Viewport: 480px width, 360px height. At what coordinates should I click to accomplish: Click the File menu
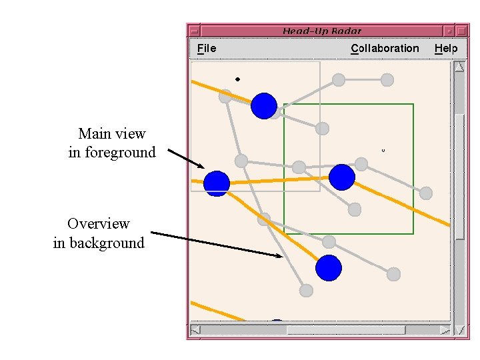point(207,48)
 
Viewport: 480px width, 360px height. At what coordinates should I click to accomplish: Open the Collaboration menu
point(385,48)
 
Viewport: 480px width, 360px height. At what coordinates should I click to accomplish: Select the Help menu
point(446,48)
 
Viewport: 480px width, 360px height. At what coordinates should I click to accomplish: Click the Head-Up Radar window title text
point(322,31)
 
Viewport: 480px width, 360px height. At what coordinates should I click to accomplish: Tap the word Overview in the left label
point(99,223)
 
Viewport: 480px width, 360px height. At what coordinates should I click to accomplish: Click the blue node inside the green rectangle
point(342,177)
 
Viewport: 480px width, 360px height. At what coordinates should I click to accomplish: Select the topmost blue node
point(264,105)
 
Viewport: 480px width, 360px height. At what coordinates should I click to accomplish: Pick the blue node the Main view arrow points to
point(217,183)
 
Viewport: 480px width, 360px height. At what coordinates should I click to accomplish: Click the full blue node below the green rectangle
point(328,268)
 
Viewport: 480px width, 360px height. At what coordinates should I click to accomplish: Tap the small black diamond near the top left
point(237,79)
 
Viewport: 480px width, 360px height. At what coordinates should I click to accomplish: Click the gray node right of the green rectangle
point(426,193)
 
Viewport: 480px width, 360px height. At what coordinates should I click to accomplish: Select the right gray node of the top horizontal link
point(387,80)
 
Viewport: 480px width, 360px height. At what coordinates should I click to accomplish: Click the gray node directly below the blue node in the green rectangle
point(355,209)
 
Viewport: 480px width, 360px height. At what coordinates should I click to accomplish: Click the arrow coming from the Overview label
point(220,243)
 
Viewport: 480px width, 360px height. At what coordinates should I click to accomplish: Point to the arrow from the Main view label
point(186,159)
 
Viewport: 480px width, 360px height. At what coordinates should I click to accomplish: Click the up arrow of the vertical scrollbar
point(459,66)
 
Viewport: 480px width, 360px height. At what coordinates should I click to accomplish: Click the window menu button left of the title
point(194,31)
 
